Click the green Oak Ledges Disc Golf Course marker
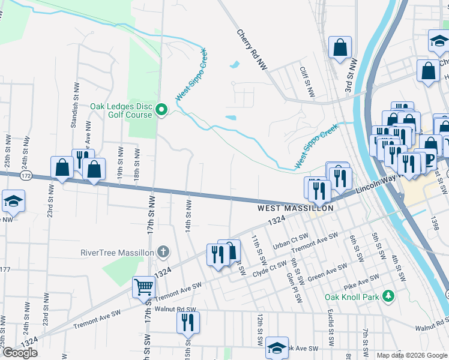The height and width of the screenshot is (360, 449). tap(161, 109)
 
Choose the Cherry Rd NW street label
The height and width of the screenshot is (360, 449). tap(252, 52)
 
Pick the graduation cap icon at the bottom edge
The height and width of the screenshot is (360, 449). tap(277, 347)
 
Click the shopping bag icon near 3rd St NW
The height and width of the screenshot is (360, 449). tap(340, 49)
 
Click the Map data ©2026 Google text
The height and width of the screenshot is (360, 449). tap(412, 355)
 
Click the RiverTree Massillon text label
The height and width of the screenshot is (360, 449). tap(118, 252)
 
